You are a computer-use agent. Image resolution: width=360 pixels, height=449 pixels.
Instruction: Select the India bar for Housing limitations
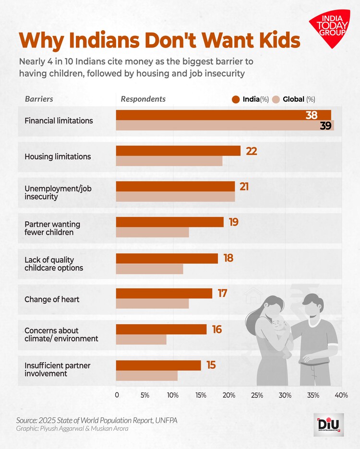[x=178, y=151]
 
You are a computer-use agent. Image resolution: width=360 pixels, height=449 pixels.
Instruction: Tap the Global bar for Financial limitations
[x=225, y=126]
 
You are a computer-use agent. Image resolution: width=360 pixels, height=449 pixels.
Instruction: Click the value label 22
[x=252, y=151]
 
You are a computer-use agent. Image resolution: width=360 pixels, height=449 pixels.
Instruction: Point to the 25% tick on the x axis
[x=257, y=395]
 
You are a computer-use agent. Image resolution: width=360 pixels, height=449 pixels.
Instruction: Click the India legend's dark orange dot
[x=235, y=99]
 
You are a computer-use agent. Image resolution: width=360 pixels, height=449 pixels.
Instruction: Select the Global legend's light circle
[x=276, y=99]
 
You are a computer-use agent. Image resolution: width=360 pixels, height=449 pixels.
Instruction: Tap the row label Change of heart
[x=52, y=299]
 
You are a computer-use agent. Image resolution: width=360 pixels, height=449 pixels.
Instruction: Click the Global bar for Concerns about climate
[x=141, y=340]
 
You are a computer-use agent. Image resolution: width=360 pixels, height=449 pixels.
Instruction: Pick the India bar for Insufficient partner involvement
[x=158, y=365]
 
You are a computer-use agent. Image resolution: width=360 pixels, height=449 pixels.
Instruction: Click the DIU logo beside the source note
[x=328, y=424]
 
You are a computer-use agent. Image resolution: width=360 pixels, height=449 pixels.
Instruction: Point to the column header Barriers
[x=39, y=99]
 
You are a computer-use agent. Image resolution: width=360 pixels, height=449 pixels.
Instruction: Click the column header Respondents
[x=143, y=99]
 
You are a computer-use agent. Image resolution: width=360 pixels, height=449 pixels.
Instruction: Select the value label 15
[x=211, y=366]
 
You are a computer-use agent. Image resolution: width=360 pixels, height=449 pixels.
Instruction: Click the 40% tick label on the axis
[x=341, y=395]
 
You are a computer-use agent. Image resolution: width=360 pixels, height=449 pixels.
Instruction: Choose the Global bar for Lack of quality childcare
[x=149, y=268]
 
